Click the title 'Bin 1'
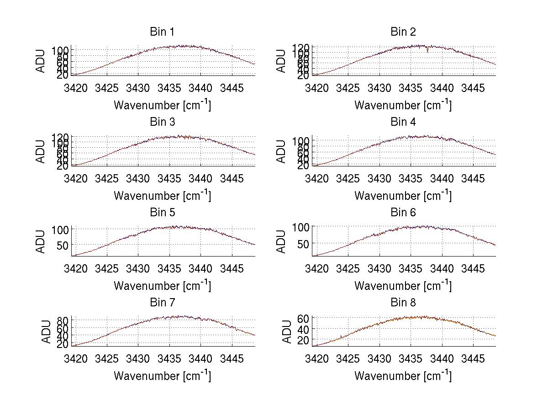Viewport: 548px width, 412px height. click(x=162, y=32)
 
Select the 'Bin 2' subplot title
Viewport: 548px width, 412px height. click(x=403, y=32)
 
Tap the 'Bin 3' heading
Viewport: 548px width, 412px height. click(x=162, y=122)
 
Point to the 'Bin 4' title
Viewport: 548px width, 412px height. click(x=403, y=122)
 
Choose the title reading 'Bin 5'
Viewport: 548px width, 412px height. click(x=162, y=213)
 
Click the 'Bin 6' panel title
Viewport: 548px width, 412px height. click(x=403, y=213)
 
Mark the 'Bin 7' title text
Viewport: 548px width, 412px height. click(x=162, y=303)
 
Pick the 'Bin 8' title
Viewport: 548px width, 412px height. click(x=403, y=303)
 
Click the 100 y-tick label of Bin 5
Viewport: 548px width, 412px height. click(x=60, y=229)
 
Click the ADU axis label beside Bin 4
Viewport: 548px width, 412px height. click(x=281, y=151)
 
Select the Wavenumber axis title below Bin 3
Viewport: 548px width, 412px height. click(x=162, y=195)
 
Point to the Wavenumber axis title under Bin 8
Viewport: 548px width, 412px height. click(x=403, y=375)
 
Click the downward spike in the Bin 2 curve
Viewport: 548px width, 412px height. click(x=428, y=50)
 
